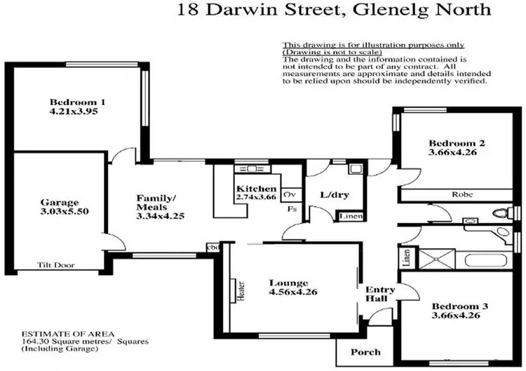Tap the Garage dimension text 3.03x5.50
pyautogui.click(x=60, y=211)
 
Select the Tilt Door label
pyautogui.click(x=56, y=266)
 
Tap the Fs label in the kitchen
pyautogui.click(x=290, y=208)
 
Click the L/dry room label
pyautogui.click(x=330, y=194)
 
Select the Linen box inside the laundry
pyautogui.click(x=350, y=217)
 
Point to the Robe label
pyautogui.click(x=461, y=194)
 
